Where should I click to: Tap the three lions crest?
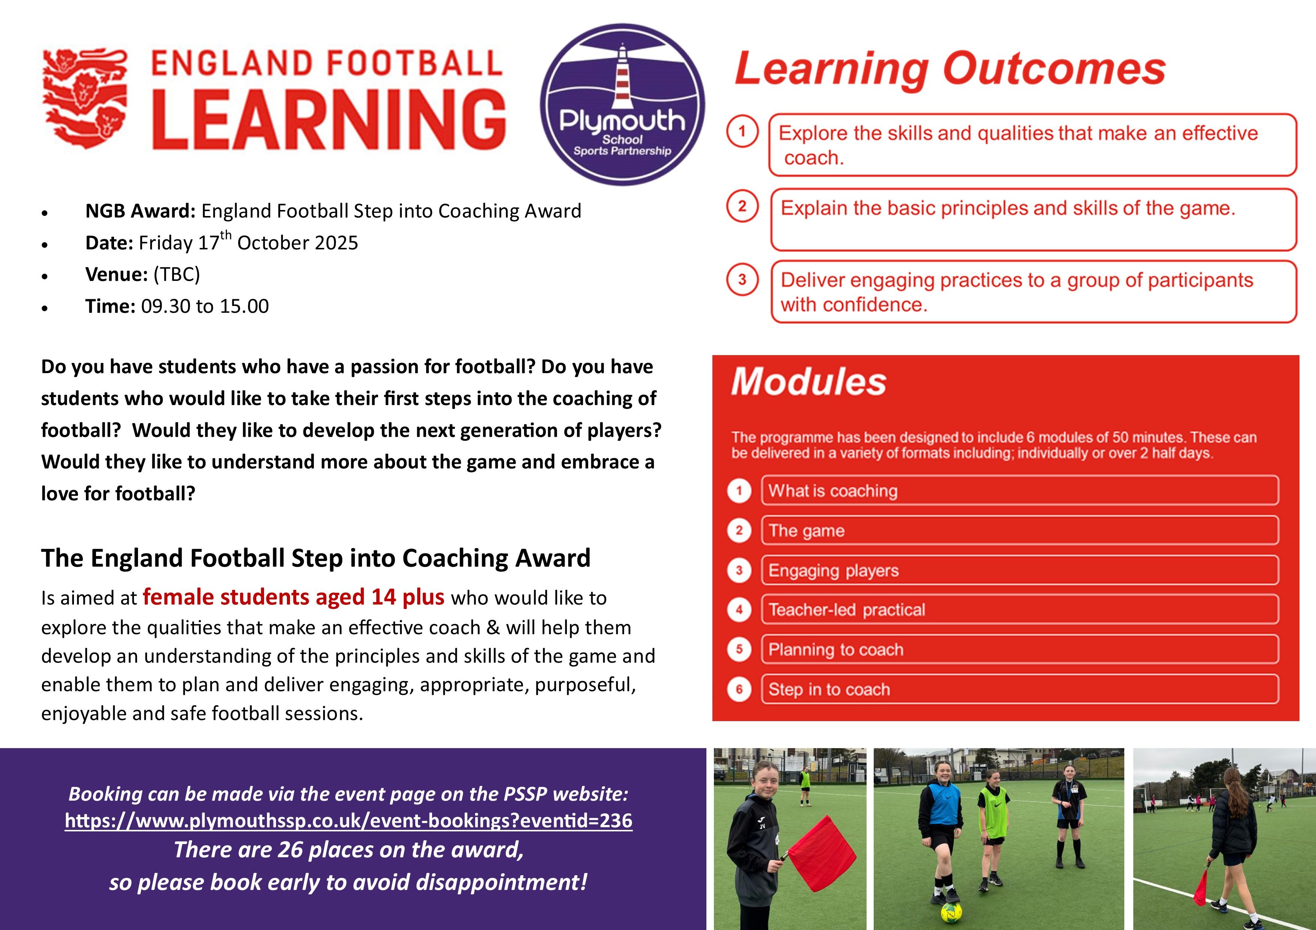(85, 99)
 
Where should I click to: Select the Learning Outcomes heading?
(950, 70)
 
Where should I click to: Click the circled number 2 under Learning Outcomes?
(742, 206)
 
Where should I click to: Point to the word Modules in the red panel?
(808, 382)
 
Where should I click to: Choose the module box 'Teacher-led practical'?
(1020, 609)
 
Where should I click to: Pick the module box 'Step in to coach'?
(1020, 689)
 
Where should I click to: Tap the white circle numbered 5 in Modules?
(739, 649)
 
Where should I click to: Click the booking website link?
(349, 820)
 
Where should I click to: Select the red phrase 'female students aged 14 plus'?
(293, 597)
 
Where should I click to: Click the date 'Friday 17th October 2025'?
(248, 242)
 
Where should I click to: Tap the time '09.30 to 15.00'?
(204, 306)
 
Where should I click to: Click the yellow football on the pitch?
(951, 911)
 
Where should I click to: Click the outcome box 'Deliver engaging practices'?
(1034, 292)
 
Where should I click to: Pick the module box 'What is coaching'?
(1020, 490)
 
